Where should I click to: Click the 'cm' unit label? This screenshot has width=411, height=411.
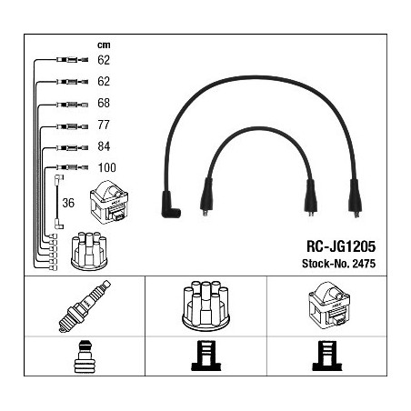(x=104, y=45)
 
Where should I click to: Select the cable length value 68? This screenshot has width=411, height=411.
(x=104, y=103)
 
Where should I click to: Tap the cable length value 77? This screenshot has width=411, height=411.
(x=104, y=125)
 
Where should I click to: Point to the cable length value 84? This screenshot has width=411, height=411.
(x=104, y=146)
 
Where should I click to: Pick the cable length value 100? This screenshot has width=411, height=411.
(x=107, y=167)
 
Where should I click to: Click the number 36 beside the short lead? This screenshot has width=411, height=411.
(x=68, y=203)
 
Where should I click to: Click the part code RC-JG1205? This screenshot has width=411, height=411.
(x=341, y=246)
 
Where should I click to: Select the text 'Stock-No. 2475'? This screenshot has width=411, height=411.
(x=338, y=264)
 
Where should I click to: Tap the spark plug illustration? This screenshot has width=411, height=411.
(x=85, y=306)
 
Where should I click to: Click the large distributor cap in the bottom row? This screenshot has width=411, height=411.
(x=206, y=306)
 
